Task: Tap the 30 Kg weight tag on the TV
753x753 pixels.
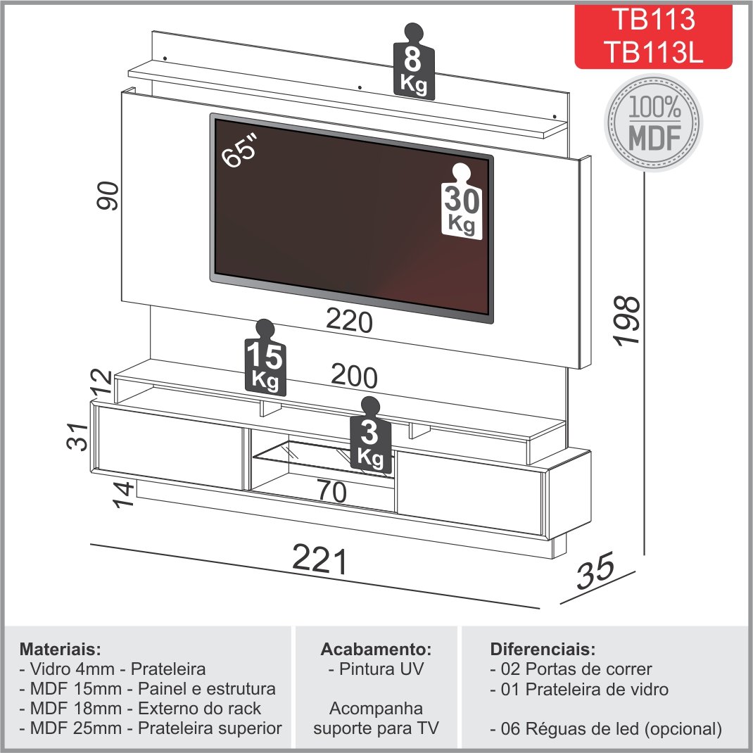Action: point(462,203)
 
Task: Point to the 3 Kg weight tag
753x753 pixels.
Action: point(369,438)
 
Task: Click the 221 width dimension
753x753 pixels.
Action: point(320,562)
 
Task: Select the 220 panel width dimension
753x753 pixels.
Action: point(348,322)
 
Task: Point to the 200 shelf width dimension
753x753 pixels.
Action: point(354,377)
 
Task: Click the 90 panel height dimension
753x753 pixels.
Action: point(109,195)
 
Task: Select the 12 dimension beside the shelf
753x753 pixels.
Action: point(102,381)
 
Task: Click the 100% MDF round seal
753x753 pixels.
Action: point(654,121)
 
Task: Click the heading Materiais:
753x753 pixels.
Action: point(61,647)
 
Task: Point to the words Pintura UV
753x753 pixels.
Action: point(376,669)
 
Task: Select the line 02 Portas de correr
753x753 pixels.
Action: point(571,669)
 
